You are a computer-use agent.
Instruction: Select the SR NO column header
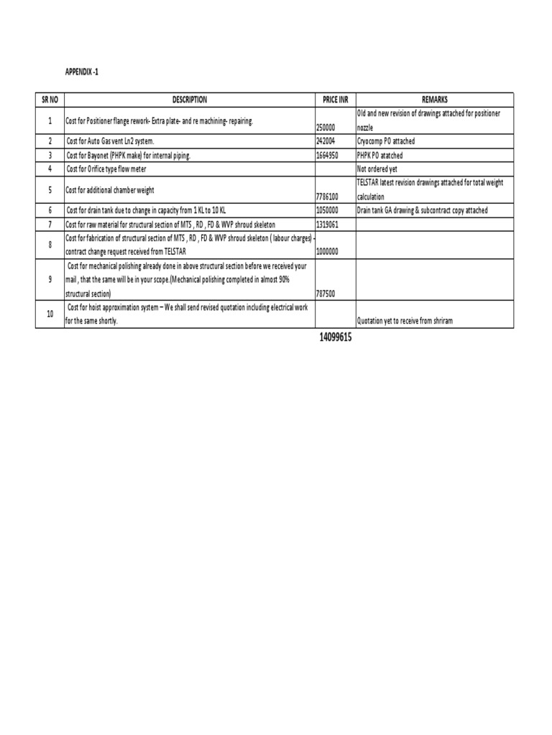(x=50, y=100)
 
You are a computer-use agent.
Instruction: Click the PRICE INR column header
(x=335, y=100)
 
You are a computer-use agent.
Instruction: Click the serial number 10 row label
(x=50, y=314)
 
